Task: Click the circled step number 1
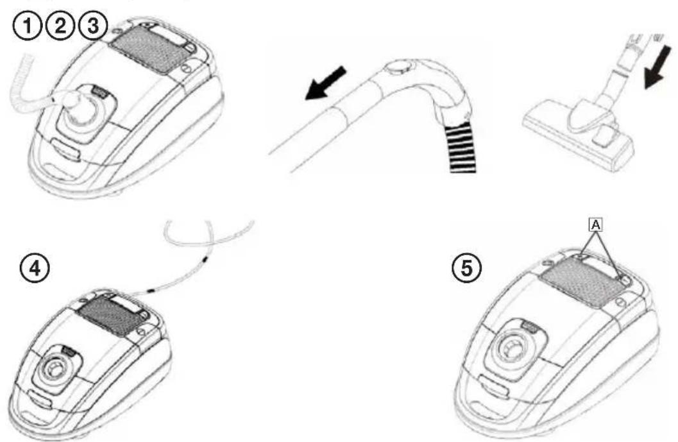tap(28, 27)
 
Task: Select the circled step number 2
tap(60, 26)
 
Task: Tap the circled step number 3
tap(92, 26)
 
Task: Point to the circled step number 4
tap(34, 269)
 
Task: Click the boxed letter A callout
tap(596, 225)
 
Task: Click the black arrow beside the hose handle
tap(326, 83)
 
